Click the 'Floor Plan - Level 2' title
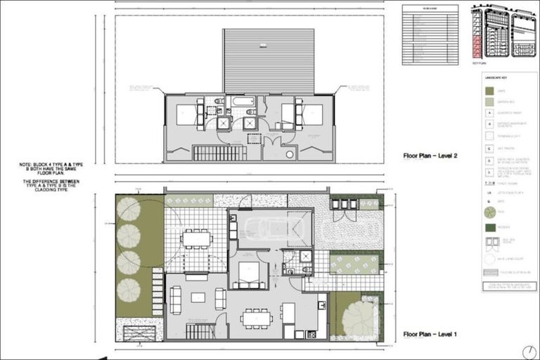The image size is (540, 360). pyautogui.click(x=430, y=156)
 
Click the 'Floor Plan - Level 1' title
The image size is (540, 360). pyautogui.click(x=430, y=335)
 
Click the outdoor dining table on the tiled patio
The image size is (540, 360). pyautogui.click(x=196, y=238)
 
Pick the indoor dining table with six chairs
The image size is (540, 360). pyautogui.click(x=257, y=319)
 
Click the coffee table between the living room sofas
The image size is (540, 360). pyautogui.click(x=198, y=297)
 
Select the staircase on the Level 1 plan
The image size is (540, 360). pyautogui.click(x=200, y=330)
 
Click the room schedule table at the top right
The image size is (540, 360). pyautogui.click(x=430, y=34)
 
